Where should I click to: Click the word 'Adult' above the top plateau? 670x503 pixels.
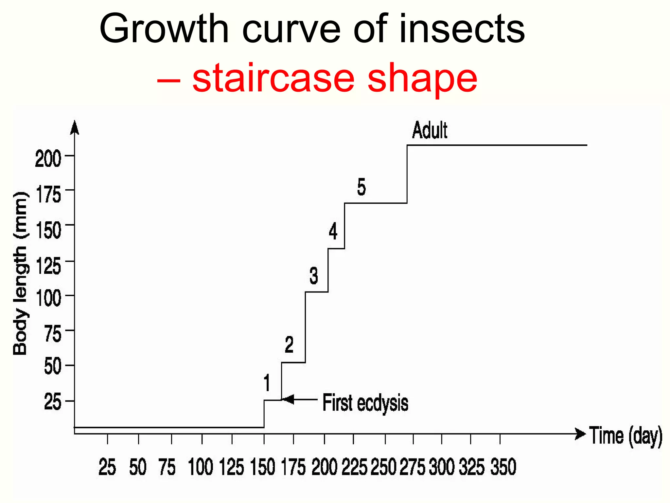(x=429, y=130)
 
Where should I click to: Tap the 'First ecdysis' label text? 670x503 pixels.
(x=365, y=402)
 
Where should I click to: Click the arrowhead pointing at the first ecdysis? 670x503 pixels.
(x=288, y=400)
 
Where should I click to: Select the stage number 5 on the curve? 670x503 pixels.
(x=361, y=187)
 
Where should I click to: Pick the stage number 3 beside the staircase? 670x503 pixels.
(x=313, y=275)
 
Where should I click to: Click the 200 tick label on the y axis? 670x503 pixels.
(x=48, y=158)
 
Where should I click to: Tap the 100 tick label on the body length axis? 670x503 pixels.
(x=48, y=298)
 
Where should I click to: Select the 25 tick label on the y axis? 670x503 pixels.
(x=52, y=402)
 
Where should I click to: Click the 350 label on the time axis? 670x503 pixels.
(x=503, y=467)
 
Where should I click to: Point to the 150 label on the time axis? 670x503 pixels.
(x=262, y=467)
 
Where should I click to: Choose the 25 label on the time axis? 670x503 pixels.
(x=107, y=467)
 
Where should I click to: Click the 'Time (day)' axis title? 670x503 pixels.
(x=626, y=436)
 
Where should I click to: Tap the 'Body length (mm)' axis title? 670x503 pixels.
(x=20, y=273)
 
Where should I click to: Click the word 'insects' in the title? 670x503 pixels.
(x=462, y=29)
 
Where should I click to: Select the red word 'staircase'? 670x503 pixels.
(x=273, y=78)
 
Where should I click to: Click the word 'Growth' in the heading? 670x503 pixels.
(x=164, y=29)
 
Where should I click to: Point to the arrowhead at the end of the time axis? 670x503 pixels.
(x=580, y=434)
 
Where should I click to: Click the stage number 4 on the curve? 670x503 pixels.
(x=333, y=231)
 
